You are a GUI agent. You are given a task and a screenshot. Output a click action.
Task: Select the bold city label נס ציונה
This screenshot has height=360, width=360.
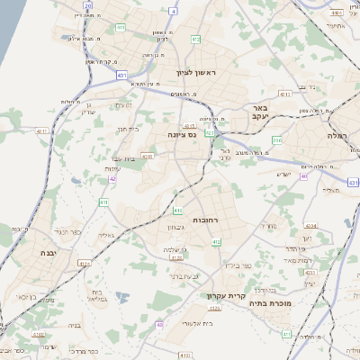(182, 135)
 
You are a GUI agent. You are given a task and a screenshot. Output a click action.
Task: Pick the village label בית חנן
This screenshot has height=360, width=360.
(129, 129)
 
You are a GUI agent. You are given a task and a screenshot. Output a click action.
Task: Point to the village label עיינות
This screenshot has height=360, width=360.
(113, 169)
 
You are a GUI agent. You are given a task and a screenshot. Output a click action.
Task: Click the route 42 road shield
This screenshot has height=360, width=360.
(112, 179)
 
